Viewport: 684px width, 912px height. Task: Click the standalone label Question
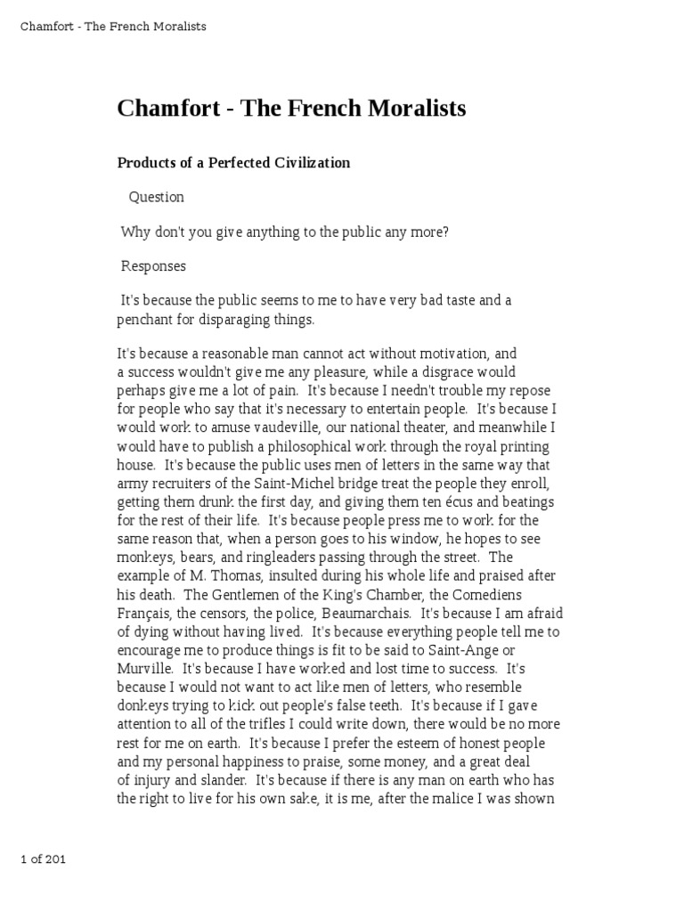coord(157,197)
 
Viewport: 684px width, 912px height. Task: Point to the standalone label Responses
coord(154,266)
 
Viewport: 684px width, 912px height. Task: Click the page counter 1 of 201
coord(43,859)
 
